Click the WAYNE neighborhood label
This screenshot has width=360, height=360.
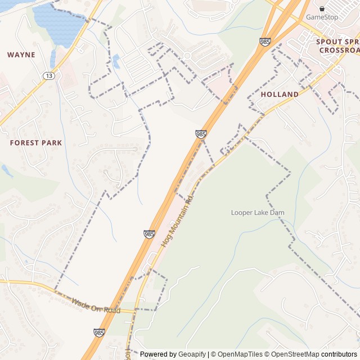coord(21,55)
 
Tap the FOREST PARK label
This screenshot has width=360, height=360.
coord(36,143)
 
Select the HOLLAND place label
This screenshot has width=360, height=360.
coord(280,94)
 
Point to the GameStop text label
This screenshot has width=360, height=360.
coord(322,17)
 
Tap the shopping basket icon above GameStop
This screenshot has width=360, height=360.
coord(322,8)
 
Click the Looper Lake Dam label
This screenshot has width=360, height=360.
coord(258,213)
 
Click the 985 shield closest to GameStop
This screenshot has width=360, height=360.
coord(265,42)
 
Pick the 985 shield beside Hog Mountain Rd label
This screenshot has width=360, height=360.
coord(149,233)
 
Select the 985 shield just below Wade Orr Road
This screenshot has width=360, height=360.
coord(99,334)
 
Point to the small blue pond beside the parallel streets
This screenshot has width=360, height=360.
coord(116,61)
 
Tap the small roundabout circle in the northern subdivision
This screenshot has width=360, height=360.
coord(186,55)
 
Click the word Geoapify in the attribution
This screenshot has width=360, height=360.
coord(192,354)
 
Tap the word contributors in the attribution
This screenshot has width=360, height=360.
coord(339,354)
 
